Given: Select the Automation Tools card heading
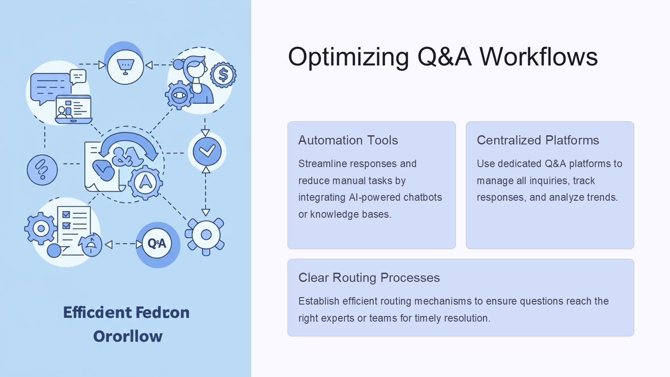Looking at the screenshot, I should pyautogui.click(x=348, y=140).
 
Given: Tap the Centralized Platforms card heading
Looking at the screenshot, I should pyautogui.click(x=537, y=140).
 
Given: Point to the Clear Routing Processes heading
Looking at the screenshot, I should pyautogui.click(x=369, y=278).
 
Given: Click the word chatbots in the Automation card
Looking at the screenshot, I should pyautogui.click(x=423, y=197).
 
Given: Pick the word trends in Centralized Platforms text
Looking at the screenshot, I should pyautogui.click(x=602, y=197).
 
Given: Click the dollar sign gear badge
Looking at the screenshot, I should pyautogui.click(x=223, y=75).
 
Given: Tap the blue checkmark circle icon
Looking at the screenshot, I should pyautogui.click(x=207, y=151).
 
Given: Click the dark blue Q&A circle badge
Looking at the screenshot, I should pyautogui.click(x=157, y=243).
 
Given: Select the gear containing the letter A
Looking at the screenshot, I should pyautogui.click(x=145, y=182).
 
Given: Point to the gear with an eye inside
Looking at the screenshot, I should pyautogui.click(x=179, y=95).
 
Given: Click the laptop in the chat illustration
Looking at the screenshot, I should pyautogui.click(x=73, y=109).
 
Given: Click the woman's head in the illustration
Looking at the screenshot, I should pyautogui.click(x=195, y=68).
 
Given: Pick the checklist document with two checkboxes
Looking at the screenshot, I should pyautogui.click(x=74, y=229).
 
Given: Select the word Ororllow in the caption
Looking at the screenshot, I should pyautogui.click(x=128, y=336).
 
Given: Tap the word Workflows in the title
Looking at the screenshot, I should pyautogui.click(x=538, y=57).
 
